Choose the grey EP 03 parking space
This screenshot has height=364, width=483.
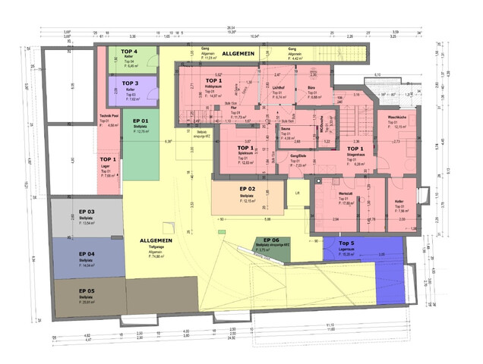86,217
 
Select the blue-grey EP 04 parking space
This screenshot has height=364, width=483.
86,259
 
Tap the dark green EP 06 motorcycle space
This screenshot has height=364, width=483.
271,247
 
